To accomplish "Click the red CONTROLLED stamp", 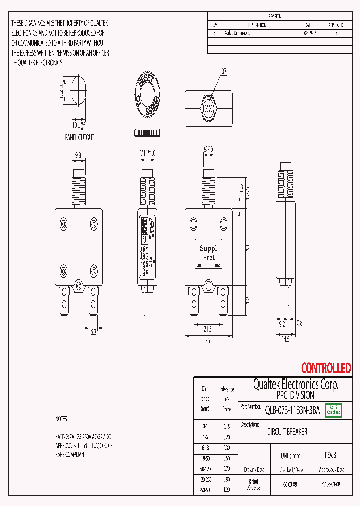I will coord(326,369).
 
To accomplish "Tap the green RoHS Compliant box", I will coord(333,410).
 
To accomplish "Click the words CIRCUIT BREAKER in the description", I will coord(287,432).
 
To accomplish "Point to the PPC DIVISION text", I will coord(296,395).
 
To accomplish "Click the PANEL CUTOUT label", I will coord(79,137).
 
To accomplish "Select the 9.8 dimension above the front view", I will coord(78,155).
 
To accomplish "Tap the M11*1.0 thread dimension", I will coord(147,154).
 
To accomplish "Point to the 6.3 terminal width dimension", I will coord(93,332).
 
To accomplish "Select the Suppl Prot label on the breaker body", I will coord(208,253).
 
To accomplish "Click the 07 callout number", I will coord(224,72).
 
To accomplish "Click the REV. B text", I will coord(330,456).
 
